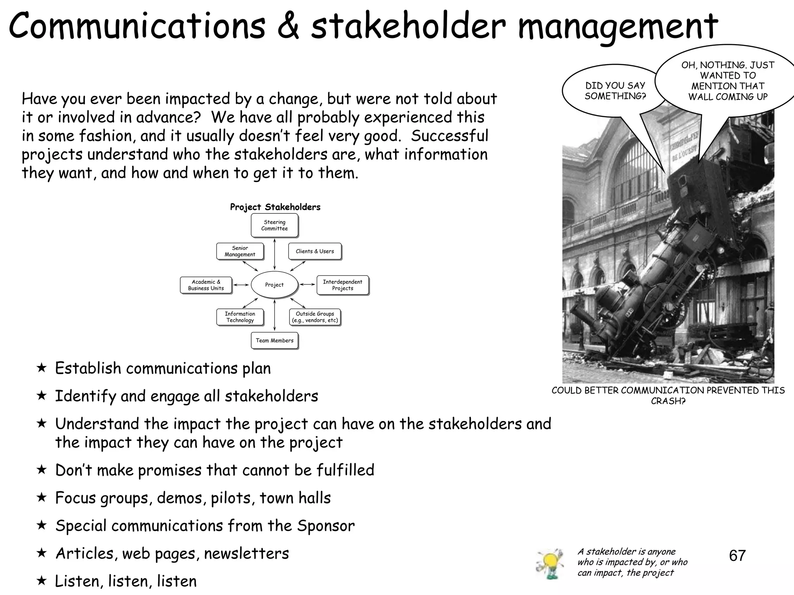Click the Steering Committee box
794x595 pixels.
[274, 225]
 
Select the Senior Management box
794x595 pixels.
[240, 251]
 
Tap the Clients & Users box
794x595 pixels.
[315, 251]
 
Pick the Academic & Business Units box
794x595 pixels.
[206, 285]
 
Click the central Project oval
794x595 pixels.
[274, 285]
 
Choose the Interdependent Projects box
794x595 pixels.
[342, 285]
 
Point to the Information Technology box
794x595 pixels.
[240, 317]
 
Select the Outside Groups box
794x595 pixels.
[315, 317]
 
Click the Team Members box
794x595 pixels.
[274, 340]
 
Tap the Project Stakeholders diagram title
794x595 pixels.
[275, 207]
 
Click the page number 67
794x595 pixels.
[737, 556]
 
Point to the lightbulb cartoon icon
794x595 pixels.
[549, 564]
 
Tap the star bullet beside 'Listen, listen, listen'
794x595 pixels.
[41, 581]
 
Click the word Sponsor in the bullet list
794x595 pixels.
[326, 526]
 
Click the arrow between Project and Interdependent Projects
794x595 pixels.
[307, 285]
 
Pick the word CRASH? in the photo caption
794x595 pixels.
[668, 401]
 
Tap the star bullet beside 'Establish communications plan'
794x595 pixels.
[41, 368]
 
